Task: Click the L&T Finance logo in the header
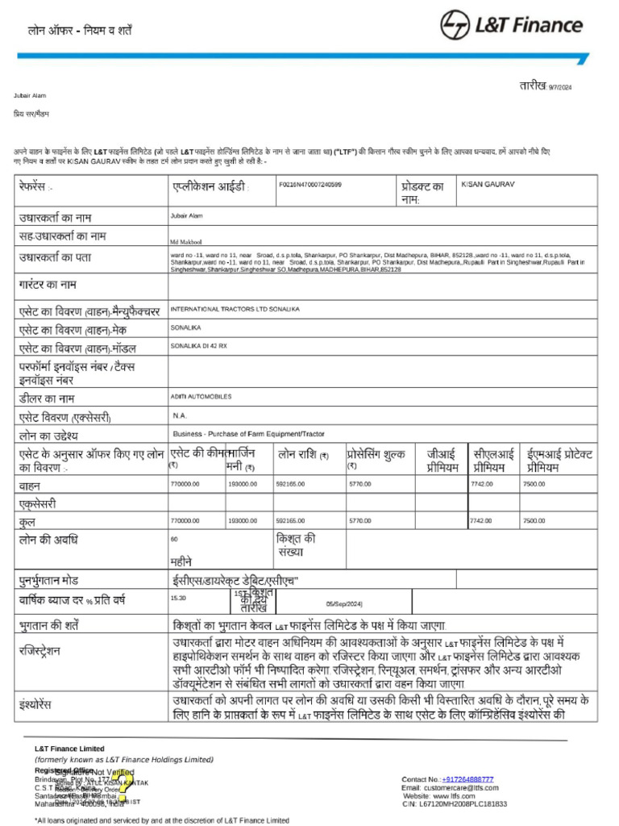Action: coord(511,25)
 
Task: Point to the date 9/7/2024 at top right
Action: coord(559,87)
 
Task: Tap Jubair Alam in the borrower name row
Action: coord(187,216)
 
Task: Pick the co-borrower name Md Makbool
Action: coord(185,241)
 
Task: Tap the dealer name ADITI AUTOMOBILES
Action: coord(201,397)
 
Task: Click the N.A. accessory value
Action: coord(180,415)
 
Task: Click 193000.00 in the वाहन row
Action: coord(243,484)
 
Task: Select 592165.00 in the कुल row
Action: coord(290,521)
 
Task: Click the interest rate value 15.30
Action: coord(178,599)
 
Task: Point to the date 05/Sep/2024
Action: coord(344,603)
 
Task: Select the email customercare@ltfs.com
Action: coord(464,787)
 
